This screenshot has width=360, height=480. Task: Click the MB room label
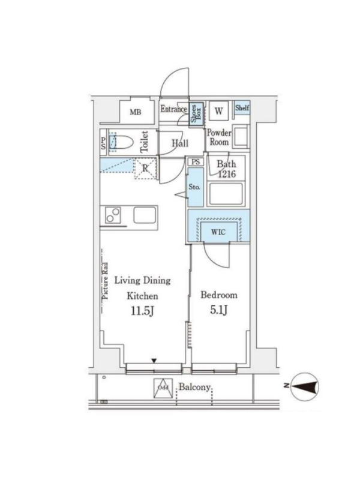[x=136, y=112]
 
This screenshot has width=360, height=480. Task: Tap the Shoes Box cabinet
[x=196, y=113]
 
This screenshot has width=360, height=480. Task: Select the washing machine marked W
[x=218, y=111]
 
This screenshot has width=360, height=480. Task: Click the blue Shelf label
[x=242, y=108]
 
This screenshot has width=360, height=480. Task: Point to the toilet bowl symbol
[x=121, y=142]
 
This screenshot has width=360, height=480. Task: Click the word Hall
[x=180, y=143]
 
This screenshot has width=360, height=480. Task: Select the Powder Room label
[x=219, y=137]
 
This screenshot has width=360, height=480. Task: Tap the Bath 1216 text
[x=227, y=169]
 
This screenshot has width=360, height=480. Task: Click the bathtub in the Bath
[x=226, y=194]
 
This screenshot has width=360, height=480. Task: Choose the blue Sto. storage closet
[x=196, y=187]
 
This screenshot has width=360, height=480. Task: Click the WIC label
[x=218, y=232]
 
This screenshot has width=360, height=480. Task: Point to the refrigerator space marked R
[x=145, y=169]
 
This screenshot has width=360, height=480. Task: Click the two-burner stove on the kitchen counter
[x=113, y=215]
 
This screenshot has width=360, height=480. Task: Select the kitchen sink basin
[x=145, y=215]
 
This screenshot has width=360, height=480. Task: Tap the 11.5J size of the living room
[x=142, y=311]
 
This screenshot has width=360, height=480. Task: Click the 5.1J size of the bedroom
[x=218, y=310]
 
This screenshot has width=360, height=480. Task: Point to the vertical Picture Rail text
[x=105, y=281]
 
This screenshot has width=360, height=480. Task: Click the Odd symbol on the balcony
[x=163, y=388]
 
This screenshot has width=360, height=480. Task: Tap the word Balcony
[x=194, y=387]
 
